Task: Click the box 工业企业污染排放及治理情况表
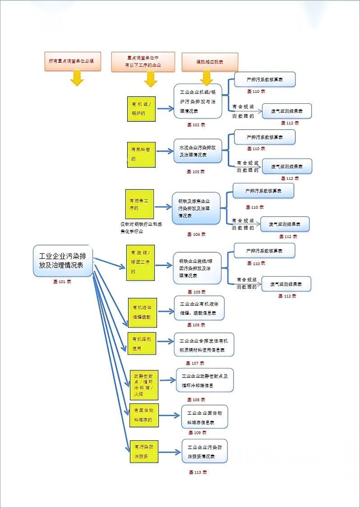click(63, 261)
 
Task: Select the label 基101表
click(62, 281)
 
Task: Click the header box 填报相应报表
click(210, 62)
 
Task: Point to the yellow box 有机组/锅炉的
click(141, 108)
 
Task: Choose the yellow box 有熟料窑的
click(141, 154)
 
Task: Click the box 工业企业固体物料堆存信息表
click(204, 417)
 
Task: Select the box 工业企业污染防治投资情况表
click(204, 451)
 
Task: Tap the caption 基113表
click(198, 472)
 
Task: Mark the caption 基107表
click(195, 363)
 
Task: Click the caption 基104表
click(196, 234)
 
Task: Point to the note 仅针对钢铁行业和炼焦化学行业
click(138, 228)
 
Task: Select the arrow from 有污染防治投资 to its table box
click(170, 452)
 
